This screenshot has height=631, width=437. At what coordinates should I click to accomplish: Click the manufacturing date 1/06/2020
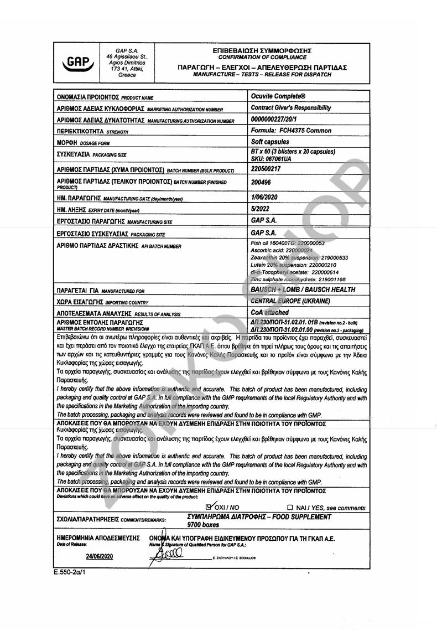coord(264,197)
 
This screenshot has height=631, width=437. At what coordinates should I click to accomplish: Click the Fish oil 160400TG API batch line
coord(287,244)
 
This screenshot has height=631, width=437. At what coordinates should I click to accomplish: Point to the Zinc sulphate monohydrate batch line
coord(298,280)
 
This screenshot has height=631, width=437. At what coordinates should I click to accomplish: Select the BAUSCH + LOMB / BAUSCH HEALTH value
coord(303,289)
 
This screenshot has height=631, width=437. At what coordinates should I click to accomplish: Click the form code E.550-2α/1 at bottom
coord(70,571)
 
